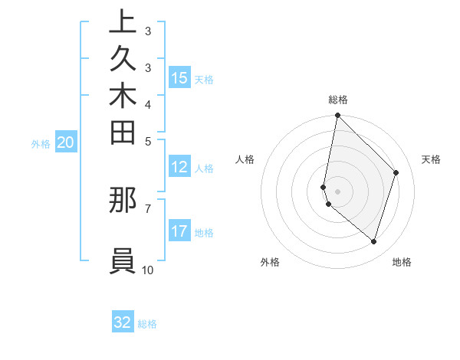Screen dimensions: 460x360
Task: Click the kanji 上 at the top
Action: (123, 22)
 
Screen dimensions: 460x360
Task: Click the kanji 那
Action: (123, 201)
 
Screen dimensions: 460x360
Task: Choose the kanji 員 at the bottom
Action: (123, 260)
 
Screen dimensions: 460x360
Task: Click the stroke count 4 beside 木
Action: (148, 104)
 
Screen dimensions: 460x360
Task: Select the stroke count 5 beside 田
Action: (148, 141)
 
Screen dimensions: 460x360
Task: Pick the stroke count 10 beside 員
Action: (148, 270)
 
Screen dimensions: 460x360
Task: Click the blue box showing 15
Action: (179, 78)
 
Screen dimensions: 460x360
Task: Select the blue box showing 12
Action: (179, 167)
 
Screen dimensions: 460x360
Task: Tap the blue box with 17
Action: (179, 231)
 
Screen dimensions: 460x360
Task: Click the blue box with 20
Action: (66, 142)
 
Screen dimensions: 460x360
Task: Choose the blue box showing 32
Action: (123, 322)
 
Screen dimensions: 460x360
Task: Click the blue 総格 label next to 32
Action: (147, 324)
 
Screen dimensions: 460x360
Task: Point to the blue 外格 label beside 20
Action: (41, 143)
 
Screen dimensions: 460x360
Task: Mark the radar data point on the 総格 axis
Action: (337, 116)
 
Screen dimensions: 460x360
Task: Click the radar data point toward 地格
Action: (373, 241)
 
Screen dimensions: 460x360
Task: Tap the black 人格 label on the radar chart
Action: (245, 159)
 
